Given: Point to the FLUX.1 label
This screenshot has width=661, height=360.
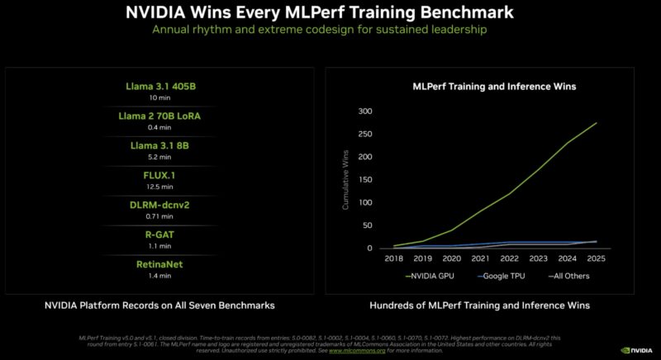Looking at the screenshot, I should (159, 175).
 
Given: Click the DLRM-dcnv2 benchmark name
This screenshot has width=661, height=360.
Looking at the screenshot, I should (159, 205).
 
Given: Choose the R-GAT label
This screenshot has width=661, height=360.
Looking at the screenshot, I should (159, 234).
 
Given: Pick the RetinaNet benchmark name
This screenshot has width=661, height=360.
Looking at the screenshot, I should (159, 263).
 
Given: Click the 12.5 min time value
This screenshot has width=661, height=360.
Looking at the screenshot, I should (159, 187).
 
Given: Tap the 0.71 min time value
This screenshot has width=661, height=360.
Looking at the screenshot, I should (159, 216).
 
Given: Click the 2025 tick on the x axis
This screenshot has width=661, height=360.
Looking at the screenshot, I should (596, 258).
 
